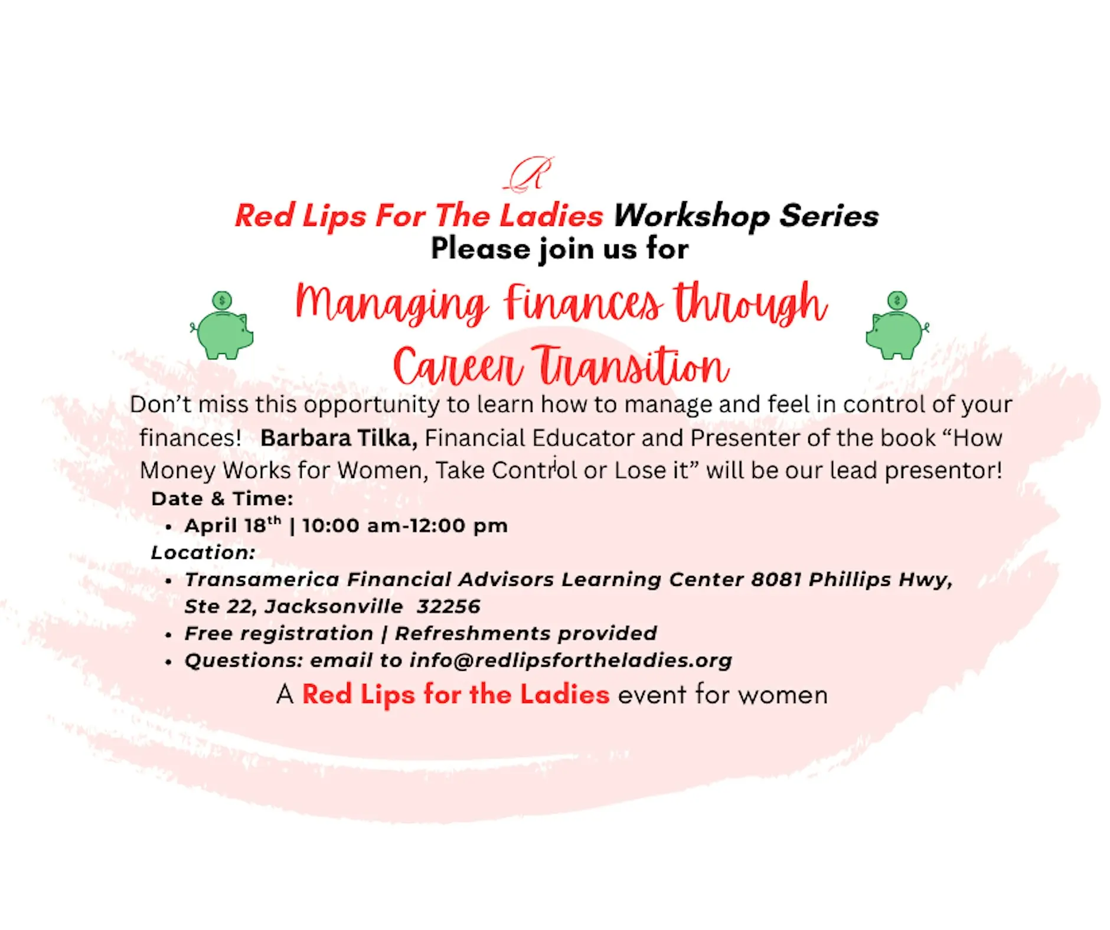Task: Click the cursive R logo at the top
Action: (529, 174)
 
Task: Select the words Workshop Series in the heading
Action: (746, 215)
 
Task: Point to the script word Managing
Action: (391, 304)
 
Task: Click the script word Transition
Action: (631, 366)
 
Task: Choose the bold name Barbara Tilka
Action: (339, 438)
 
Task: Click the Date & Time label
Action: (222, 499)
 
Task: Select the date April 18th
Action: (233, 525)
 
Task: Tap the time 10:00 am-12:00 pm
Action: (405, 525)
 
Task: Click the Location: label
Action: (203, 552)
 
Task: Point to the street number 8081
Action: (776, 579)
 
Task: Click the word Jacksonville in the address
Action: (334, 606)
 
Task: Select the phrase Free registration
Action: (279, 633)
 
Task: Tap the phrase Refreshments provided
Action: (525, 633)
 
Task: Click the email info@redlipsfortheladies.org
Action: (571, 660)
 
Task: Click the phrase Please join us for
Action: (560, 248)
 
